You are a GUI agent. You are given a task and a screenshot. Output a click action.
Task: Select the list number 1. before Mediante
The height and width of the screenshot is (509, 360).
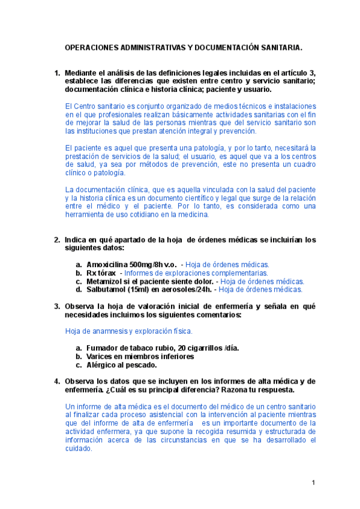point(58,73)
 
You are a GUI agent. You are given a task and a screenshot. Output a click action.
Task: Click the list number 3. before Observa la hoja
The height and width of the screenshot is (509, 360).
point(58,307)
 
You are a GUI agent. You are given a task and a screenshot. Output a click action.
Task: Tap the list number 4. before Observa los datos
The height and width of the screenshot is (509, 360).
point(58,381)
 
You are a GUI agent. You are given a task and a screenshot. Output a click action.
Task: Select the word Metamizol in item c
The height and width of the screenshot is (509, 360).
point(106,281)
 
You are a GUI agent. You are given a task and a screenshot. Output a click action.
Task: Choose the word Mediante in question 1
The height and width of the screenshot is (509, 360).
point(83,73)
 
